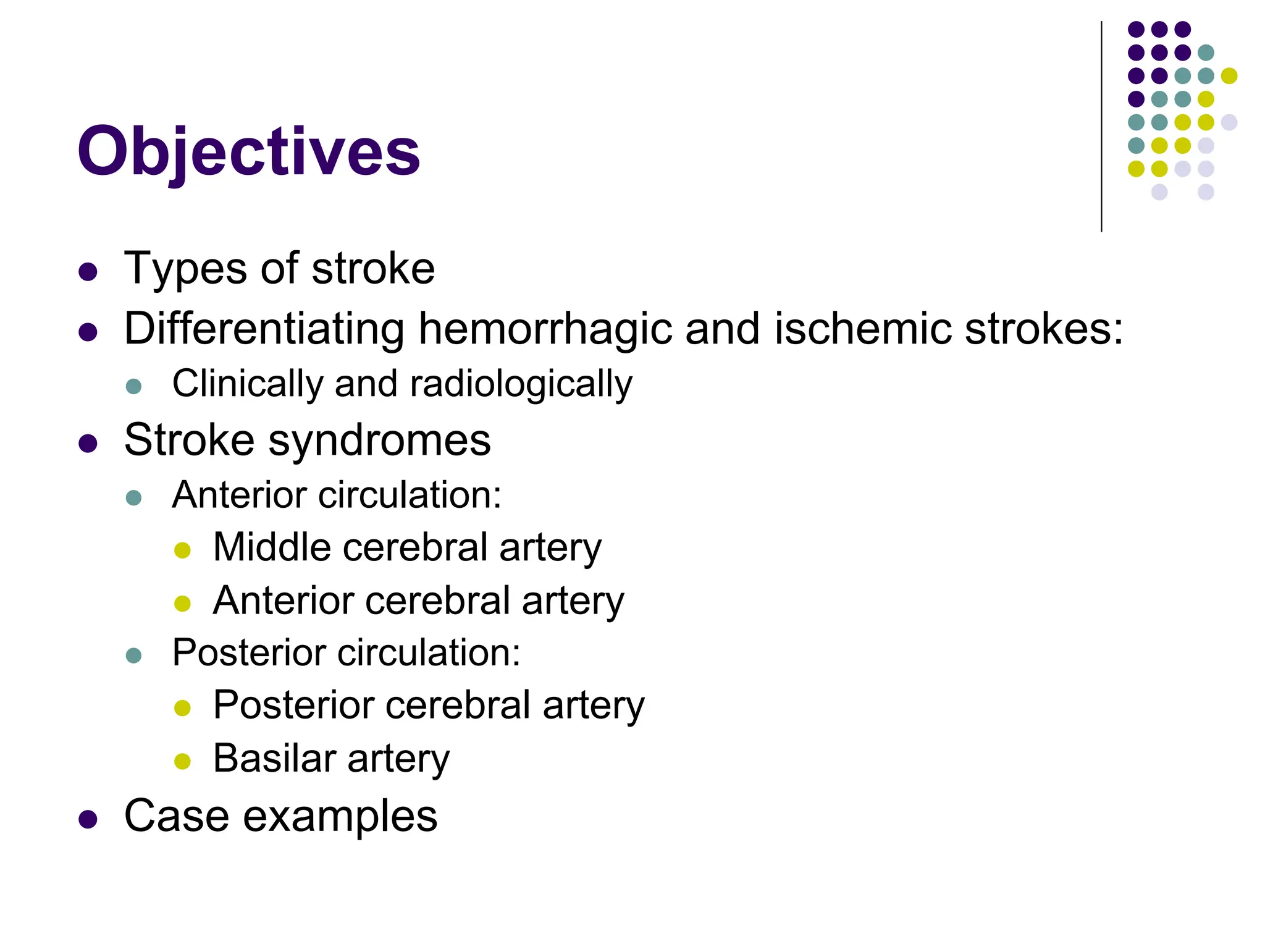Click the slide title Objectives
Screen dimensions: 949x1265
tap(248, 152)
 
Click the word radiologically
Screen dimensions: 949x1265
tap(521, 384)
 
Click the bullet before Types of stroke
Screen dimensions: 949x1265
tap(88, 272)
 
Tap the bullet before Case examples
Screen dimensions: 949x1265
tap(88, 819)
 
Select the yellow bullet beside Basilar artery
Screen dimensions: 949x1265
tap(182, 761)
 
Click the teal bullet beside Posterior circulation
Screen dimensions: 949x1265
tap(133, 656)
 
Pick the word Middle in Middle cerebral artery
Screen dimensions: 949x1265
tap(272, 547)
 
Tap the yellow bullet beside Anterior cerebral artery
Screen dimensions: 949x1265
tap(182, 603)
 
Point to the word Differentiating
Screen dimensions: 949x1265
tap(264, 329)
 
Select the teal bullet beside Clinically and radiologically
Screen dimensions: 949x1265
tap(133, 387)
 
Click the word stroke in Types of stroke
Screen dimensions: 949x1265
tap(373, 269)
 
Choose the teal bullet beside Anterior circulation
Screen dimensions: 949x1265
tap(133, 498)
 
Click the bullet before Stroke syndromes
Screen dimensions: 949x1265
tap(88, 444)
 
